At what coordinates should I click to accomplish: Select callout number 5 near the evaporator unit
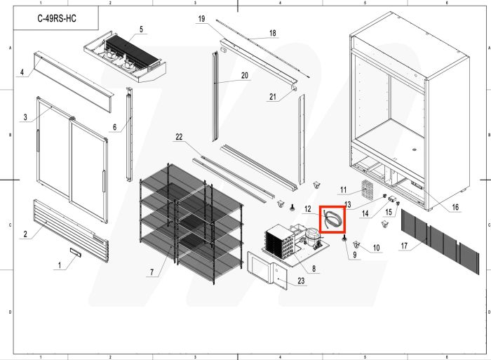click(141, 29)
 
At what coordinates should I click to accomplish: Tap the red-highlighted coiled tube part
click(334, 219)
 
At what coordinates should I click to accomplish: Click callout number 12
click(308, 209)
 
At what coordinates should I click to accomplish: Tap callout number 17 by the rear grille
click(404, 246)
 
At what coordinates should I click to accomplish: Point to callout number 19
click(201, 18)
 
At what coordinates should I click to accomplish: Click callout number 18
click(273, 33)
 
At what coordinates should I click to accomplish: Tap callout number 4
click(22, 72)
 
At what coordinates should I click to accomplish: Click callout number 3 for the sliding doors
click(26, 117)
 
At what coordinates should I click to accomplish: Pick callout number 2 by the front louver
click(25, 234)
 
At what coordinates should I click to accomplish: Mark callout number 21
click(272, 98)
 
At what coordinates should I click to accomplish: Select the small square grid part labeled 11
click(365, 187)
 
